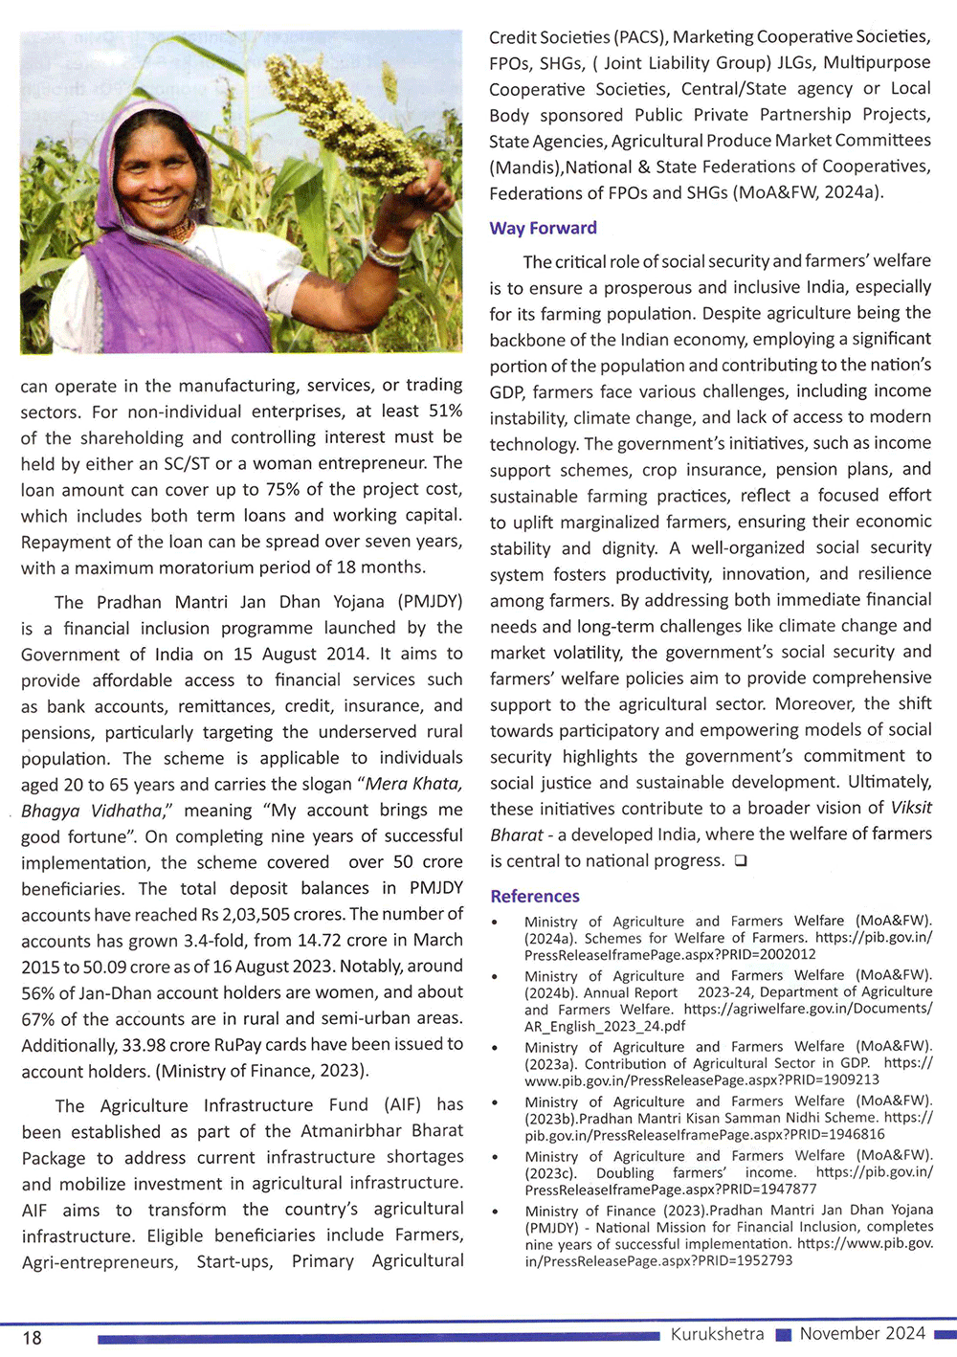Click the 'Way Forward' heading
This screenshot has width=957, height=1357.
[x=543, y=228]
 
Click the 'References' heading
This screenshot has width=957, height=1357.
[x=534, y=896]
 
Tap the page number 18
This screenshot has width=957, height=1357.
[x=32, y=1337]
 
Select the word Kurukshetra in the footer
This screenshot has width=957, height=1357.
[x=717, y=1333]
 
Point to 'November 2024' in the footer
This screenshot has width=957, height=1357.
[x=862, y=1333]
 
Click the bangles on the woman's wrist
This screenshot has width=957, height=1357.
[x=389, y=253]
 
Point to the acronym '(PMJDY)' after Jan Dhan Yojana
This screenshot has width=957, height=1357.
[x=430, y=602]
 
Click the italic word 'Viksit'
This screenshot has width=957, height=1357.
[x=910, y=807]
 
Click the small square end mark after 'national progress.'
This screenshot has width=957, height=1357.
[x=740, y=860]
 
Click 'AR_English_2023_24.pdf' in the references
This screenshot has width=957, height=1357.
[x=605, y=1025]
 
